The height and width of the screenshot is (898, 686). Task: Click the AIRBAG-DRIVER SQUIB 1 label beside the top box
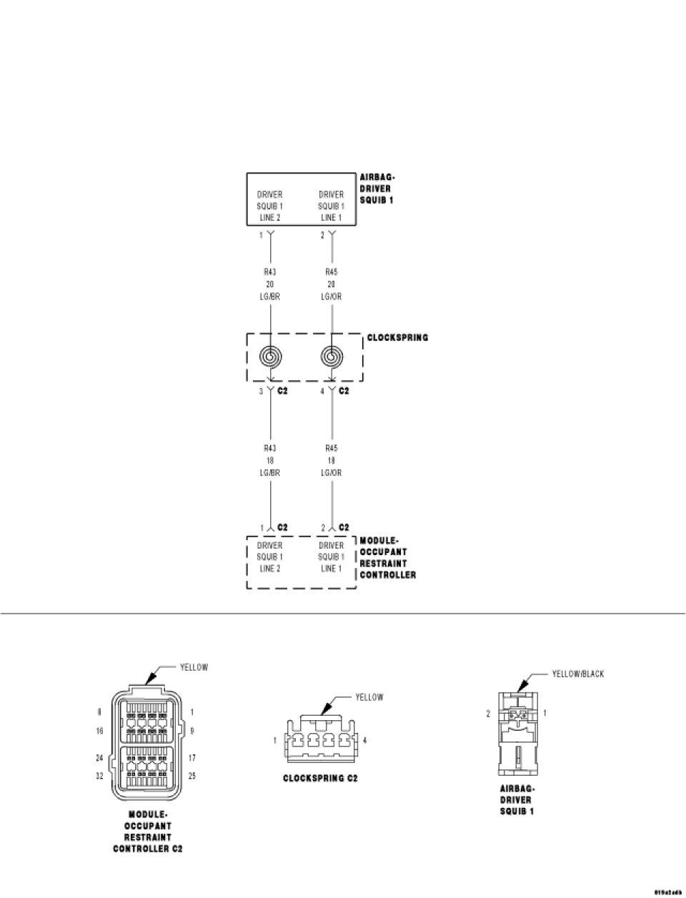[377, 189]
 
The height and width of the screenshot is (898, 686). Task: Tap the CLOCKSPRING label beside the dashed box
[397, 337]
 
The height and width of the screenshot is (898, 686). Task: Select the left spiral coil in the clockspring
[271, 356]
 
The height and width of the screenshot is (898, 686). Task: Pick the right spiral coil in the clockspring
[332, 356]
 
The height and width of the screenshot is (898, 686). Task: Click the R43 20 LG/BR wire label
[270, 284]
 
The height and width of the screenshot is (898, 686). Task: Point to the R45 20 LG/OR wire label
[332, 284]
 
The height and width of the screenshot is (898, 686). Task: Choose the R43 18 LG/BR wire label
[270, 460]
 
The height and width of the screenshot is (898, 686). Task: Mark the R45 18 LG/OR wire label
[332, 460]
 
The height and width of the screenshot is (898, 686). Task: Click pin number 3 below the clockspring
[262, 391]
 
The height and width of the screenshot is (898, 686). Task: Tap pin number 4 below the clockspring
[323, 391]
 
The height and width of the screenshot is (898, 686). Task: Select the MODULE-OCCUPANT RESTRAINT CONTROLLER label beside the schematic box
[387, 557]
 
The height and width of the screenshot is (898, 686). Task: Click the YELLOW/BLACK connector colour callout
[577, 674]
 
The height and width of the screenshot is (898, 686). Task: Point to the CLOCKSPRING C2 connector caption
[319, 778]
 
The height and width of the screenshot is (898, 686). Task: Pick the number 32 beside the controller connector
[100, 775]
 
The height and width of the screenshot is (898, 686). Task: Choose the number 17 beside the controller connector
[192, 757]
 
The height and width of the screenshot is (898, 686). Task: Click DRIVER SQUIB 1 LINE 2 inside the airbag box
[270, 206]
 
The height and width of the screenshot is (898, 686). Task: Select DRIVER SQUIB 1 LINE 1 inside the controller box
[332, 557]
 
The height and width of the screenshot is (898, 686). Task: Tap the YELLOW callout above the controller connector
[194, 667]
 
